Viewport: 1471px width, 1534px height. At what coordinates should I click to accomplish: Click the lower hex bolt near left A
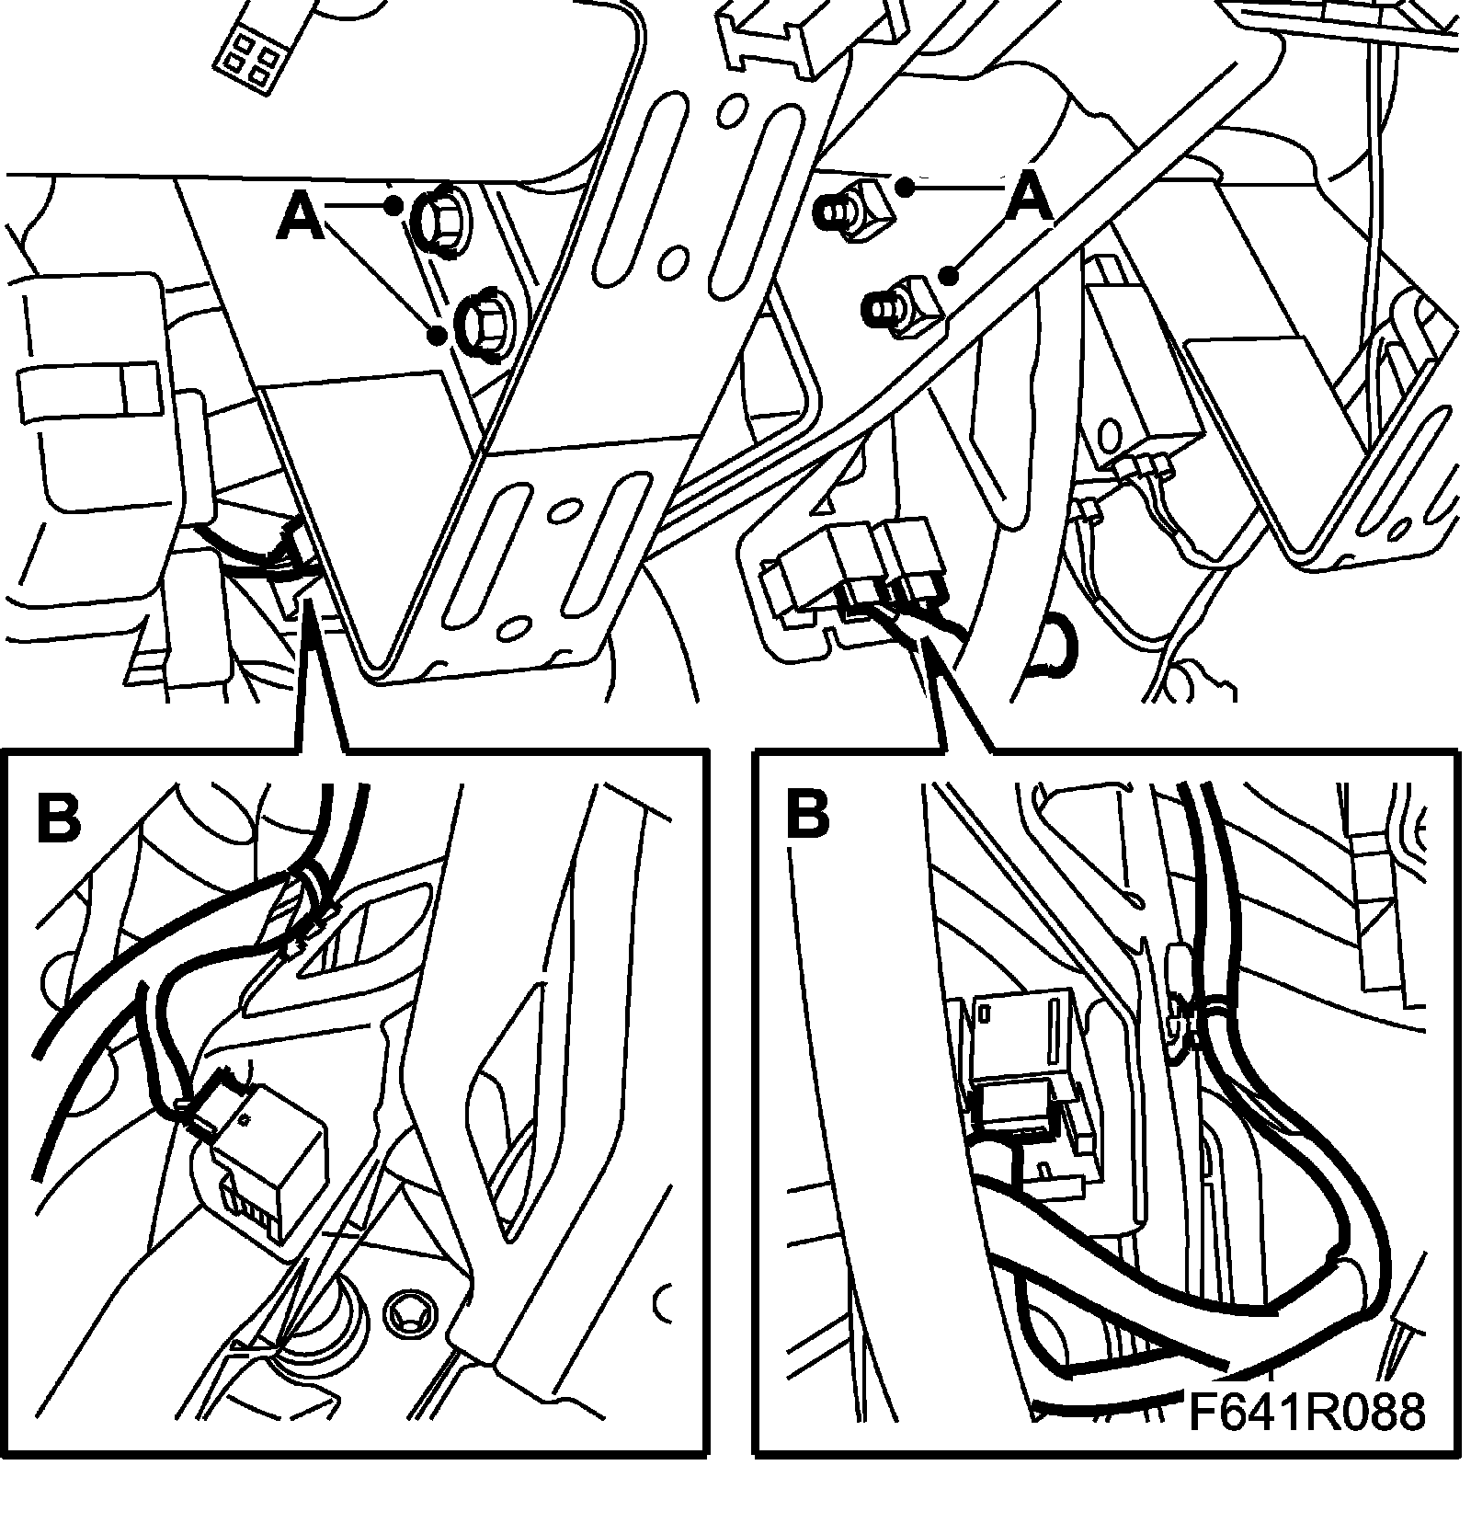tap(484, 324)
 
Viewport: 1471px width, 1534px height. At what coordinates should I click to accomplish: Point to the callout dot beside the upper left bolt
tap(393, 205)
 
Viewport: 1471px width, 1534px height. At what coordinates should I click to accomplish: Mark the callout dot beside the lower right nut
tap(950, 274)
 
